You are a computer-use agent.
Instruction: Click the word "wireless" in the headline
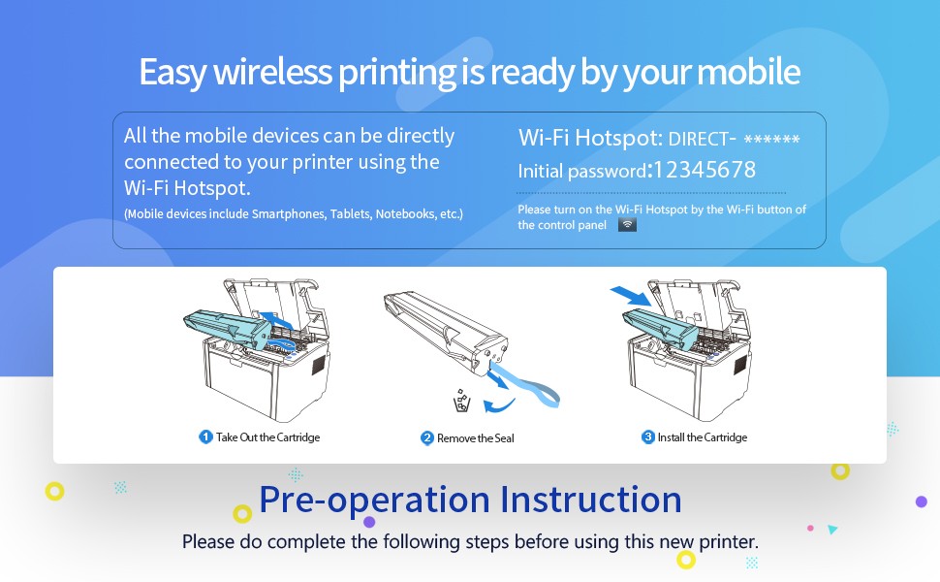[272, 72]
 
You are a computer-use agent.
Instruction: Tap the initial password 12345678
[705, 170]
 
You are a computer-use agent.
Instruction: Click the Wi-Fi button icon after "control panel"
[627, 224]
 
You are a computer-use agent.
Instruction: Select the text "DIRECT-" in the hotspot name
[702, 139]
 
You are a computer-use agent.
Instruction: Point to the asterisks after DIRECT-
[771, 140]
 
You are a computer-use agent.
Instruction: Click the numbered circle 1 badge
[205, 436]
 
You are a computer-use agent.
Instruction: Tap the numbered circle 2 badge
[426, 438]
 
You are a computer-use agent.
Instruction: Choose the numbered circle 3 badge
[648, 436]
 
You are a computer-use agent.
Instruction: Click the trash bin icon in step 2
[461, 401]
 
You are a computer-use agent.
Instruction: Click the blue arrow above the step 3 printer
[631, 296]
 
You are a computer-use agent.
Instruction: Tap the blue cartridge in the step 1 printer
[228, 328]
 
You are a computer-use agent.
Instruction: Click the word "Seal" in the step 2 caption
[504, 438]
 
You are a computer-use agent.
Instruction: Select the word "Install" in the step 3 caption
[671, 436]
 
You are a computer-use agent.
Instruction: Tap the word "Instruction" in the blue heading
[591, 500]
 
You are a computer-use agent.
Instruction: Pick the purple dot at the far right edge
[922, 501]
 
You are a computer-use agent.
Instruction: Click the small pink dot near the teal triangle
[810, 528]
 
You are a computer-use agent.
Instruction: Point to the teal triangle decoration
[831, 530]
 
